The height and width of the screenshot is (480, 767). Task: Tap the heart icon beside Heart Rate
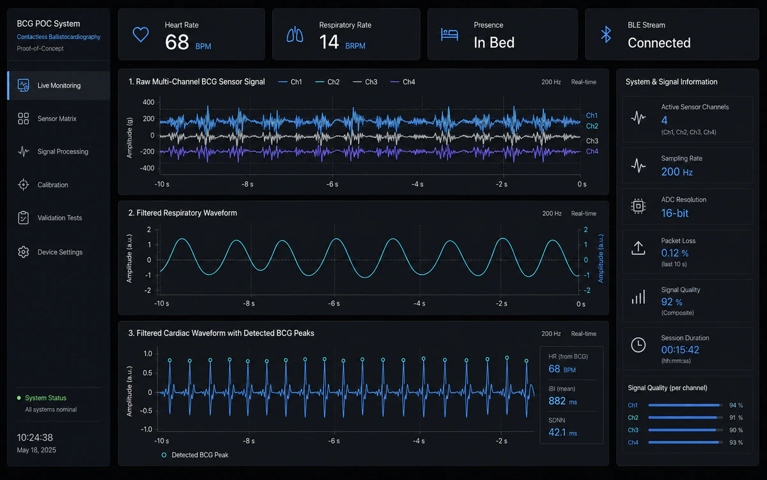coord(141,35)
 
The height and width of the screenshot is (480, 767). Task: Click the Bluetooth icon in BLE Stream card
coord(606,35)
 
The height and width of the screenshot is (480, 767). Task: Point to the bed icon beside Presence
coord(449,35)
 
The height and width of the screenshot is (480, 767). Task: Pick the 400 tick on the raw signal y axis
coord(148,102)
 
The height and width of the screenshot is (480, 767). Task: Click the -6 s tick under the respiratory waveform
coord(334,304)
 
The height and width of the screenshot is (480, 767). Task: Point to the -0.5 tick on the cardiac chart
coord(146,410)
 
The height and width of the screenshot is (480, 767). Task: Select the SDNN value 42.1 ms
coord(562,433)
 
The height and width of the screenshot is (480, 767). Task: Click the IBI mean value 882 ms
coord(562,401)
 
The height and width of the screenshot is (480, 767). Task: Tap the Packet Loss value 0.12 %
coord(674,253)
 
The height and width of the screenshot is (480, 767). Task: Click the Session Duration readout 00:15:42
coord(680,350)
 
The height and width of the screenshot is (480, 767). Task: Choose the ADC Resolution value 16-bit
coord(674,213)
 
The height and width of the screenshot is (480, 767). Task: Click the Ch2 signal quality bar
coord(685,417)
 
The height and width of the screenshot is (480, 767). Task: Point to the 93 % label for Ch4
coord(736,442)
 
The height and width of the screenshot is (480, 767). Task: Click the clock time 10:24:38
coord(35,437)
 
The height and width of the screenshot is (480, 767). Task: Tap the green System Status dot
coord(19,398)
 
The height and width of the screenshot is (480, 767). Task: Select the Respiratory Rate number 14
coord(329,42)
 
